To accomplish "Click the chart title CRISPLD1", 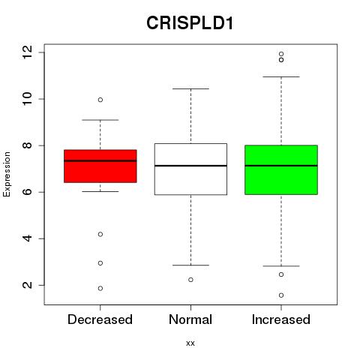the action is [190, 23].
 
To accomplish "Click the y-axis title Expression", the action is [7, 174].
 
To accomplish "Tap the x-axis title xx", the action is [190, 343].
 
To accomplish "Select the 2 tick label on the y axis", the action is [28, 285].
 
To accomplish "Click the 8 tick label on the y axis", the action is [28, 145].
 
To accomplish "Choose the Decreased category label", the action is [100, 319].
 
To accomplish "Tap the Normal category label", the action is [190, 319].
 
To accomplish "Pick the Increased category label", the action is [281, 319].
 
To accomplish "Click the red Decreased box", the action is [100, 166].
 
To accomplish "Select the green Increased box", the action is [281, 169].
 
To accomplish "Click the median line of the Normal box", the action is [190, 166].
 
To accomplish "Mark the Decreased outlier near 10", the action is [100, 100].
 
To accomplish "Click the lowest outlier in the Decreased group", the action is [100, 289].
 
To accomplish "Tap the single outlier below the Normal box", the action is [190, 280].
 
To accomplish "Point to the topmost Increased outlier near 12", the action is [281, 54].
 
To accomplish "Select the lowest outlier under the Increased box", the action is [281, 295].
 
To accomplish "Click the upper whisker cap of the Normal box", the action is [190, 88].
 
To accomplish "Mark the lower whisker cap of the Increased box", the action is [281, 266].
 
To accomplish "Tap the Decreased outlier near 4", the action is [100, 234].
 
